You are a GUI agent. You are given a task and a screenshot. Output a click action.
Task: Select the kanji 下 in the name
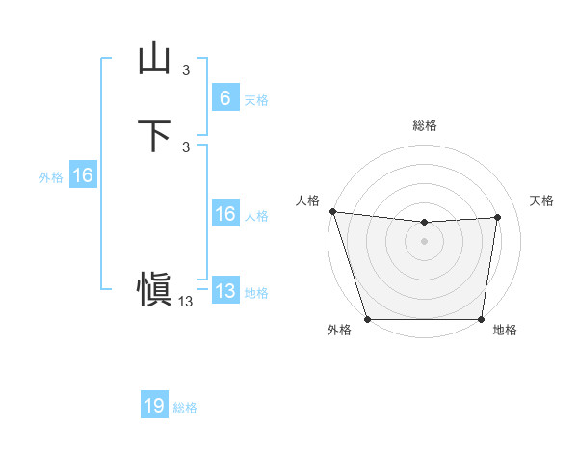pos(154,135)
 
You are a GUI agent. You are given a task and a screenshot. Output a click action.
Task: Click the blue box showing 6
pos(224,97)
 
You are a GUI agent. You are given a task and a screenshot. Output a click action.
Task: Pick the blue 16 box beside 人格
pos(224,214)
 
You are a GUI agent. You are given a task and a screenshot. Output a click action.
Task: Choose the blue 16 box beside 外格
pos(82,175)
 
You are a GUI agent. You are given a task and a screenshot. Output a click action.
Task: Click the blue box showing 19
pos(154,406)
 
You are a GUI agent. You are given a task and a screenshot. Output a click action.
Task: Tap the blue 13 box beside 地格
pos(224,291)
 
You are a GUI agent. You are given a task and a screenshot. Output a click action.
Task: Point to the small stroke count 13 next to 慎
pos(186,301)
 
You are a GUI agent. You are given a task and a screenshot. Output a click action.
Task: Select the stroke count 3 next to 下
pos(186,147)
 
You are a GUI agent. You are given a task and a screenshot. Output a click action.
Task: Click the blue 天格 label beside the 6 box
pos(256,99)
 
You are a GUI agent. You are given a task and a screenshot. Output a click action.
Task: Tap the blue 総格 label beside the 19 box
pos(185,408)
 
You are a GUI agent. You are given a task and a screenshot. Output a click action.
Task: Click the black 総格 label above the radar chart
pos(425,125)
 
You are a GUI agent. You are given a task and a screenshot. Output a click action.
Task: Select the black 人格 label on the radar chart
pos(307,200)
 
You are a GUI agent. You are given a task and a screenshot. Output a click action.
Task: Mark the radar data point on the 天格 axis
pos(498,217)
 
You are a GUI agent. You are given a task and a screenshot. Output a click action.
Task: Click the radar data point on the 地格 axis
pos(482,319)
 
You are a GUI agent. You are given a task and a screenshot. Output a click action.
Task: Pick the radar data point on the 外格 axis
pos(368,319)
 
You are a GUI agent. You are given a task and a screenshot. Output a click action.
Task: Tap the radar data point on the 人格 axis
pos(332,211)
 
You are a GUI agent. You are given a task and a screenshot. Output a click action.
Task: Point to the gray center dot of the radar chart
pos(425,241)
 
